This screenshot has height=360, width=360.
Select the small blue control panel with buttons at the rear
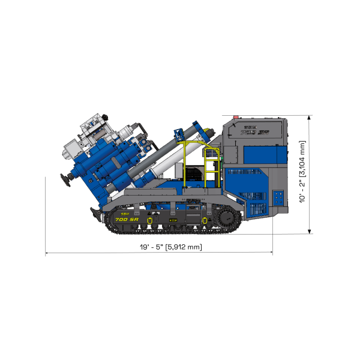pyautogui.click(x=278, y=199)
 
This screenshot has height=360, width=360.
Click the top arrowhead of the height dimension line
pyautogui.click(x=309, y=118)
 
